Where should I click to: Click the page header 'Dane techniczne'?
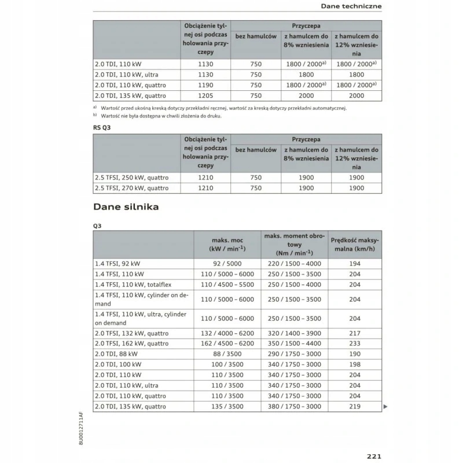click(x=351, y=6)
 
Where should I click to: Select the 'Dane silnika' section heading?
click(x=126, y=206)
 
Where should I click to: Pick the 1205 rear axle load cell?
click(x=205, y=95)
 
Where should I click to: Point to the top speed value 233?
click(x=355, y=343)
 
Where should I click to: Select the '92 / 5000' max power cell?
click(x=227, y=263)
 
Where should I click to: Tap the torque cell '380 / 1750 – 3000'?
click(x=295, y=406)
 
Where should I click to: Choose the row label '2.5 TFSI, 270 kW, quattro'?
click(x=132, y=188)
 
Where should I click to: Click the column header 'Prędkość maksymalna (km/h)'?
click(x=355, y=244)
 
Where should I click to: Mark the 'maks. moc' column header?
click(x=227, y=244)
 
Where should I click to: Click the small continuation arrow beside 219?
click(x=385, y=407)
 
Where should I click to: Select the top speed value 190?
click(x=355, y=354)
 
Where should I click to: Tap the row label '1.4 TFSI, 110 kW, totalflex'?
click(x=134, y=285)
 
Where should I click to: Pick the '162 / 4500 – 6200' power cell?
click(x=227, y=343)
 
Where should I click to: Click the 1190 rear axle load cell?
click(x=205, y=85)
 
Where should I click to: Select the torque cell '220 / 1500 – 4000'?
click(x=295, y=263)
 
